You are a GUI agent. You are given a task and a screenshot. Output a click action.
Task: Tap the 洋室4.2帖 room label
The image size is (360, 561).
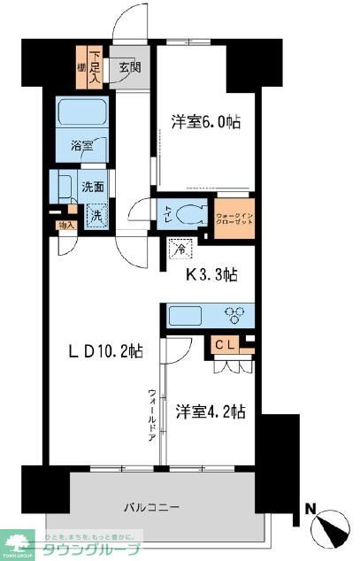click(x=210, y=411)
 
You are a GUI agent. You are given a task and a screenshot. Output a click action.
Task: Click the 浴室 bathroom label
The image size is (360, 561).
click(x=80, y=145)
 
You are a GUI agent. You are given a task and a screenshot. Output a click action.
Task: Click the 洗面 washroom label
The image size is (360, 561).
click(x=94, y=188)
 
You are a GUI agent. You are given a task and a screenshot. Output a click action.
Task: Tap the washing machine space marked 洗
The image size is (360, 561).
click(x=95, y=212)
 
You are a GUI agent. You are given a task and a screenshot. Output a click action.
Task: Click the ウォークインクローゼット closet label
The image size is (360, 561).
click(x=234, y=214)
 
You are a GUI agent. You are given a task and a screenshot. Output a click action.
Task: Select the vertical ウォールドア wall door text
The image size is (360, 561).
click(x=152, y=415)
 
